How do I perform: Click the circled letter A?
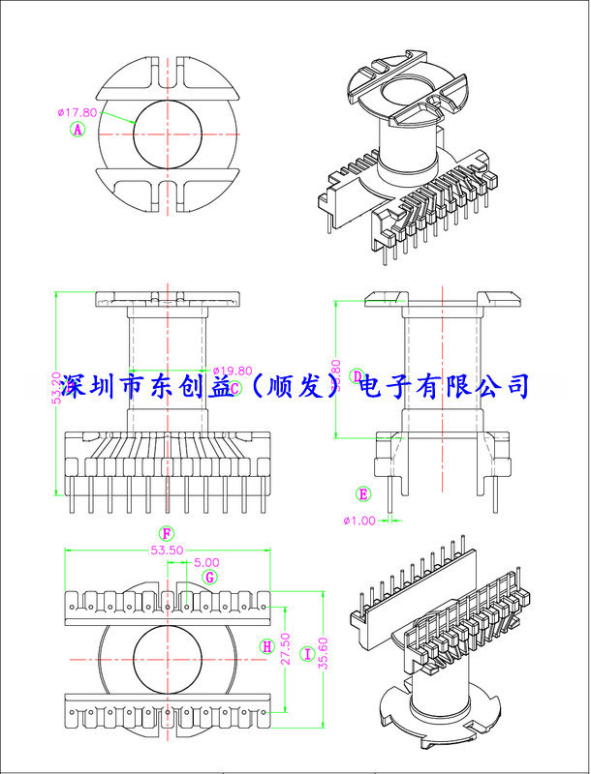pos(78,129)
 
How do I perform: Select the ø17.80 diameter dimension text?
pos(78,112)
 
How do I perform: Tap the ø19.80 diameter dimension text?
pos(232,371)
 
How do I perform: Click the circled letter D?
pos(358,375)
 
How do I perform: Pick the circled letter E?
pos(363,493)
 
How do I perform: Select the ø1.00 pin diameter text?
pos(358,521)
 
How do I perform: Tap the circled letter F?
pos(167,533)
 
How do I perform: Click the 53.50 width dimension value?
pos(167,550)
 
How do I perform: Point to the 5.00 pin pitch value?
pos(206,562)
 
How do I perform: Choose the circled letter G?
pos(208,577)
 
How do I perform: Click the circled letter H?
pos(265,645)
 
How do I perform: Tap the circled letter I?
pos(307,654)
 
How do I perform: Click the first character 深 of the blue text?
pos(73,387)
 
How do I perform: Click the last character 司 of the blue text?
pos(517,386)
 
